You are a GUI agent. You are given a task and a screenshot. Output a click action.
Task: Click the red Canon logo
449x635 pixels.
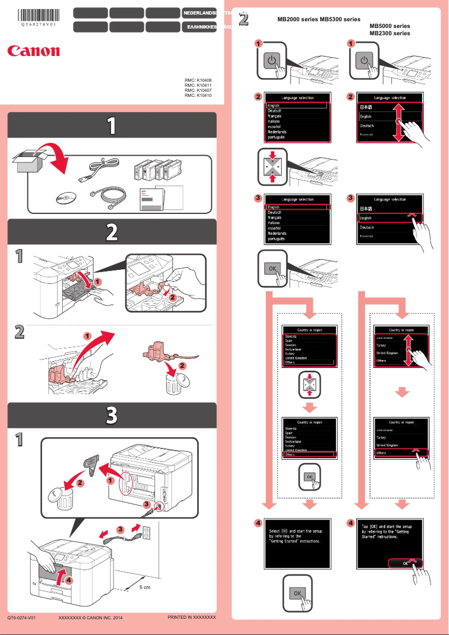coord(34,51)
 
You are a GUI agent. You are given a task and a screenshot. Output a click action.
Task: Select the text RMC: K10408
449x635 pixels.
coord(198,81)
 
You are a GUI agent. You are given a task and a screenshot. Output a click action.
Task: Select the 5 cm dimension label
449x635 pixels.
coord(146,587)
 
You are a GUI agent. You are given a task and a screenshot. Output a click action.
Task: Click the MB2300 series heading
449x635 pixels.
coord(390,34)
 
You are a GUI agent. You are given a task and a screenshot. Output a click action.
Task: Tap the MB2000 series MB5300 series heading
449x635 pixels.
coord(319,19)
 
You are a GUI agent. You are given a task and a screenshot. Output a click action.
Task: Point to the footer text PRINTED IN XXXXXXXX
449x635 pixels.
coord(191,617)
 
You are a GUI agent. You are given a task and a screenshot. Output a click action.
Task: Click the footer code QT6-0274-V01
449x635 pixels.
coord(22,618)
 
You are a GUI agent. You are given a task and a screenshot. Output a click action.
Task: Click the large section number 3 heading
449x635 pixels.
coord(112,415)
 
